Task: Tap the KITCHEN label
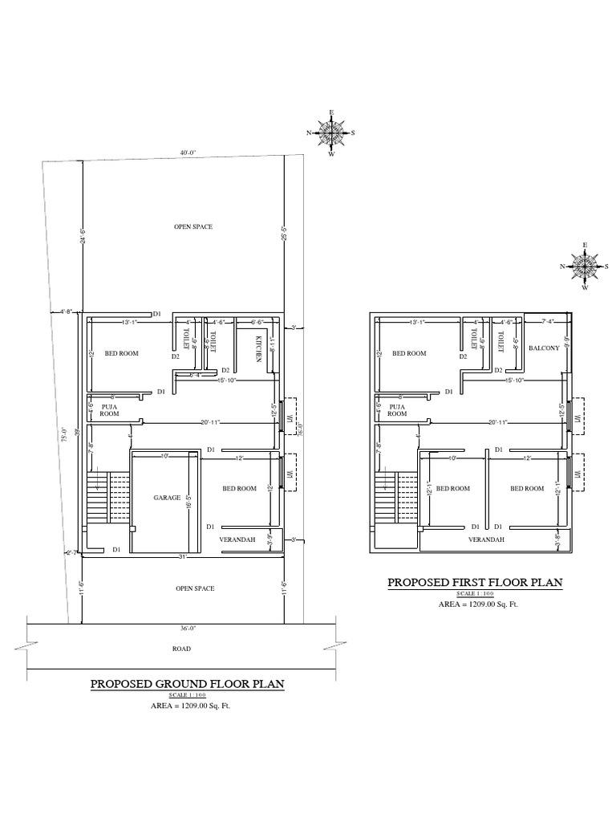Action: (258, 350)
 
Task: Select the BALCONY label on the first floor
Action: (543, 348)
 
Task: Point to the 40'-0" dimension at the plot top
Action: (188, 152)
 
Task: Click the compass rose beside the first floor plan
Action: (585, 265)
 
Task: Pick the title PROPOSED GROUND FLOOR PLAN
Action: (188, 684)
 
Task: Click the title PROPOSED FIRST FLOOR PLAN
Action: (476, 582)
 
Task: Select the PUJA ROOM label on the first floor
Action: (395, 410)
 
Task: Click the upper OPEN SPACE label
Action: (193, 227)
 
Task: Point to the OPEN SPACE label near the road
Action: (194, 588)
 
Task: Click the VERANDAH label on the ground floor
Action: (237, 539)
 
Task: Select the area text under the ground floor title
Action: (188, 706)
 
